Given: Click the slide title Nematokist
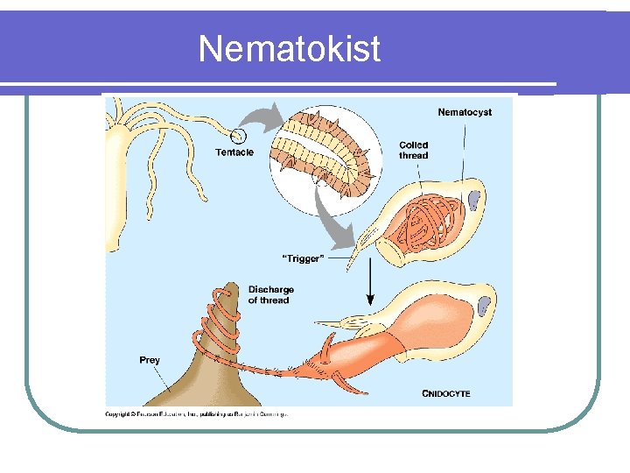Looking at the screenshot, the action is (x=290, y=48).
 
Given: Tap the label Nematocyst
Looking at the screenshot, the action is (x=465, y=112).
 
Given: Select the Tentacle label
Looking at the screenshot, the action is (x=234, y=152).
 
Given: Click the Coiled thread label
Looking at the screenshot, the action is (x=414, y=150).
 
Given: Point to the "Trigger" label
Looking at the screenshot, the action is (x=303, y=258).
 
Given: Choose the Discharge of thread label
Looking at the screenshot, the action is (x=270, y=294).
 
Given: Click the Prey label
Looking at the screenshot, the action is (x=150, y=360).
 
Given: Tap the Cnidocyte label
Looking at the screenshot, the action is (x=446, y=393).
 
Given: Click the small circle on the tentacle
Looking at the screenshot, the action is (x=237, y=136).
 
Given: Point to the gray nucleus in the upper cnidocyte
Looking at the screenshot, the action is (x=473, y=201).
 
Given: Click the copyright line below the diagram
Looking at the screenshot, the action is (x=197, y=413).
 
